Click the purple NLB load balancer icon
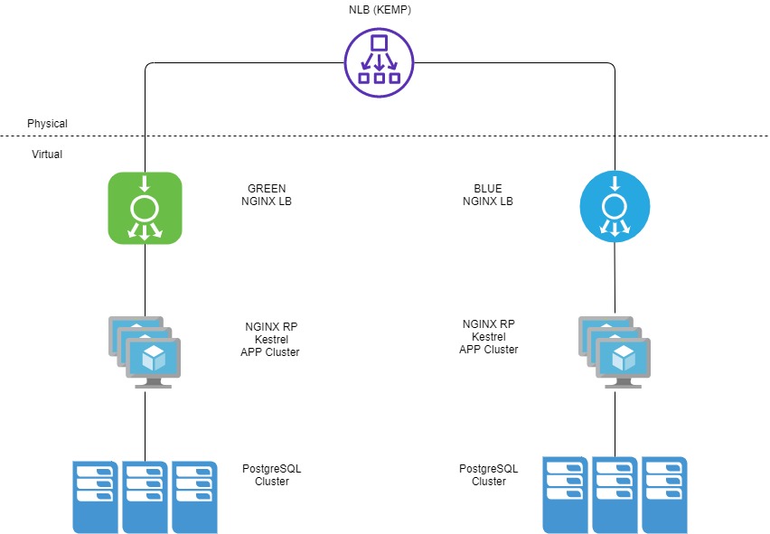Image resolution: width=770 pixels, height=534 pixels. click(x=380, y=62)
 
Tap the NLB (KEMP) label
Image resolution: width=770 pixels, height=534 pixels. click(x=379, y=10)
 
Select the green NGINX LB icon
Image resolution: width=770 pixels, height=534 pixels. click(x=145, y=209)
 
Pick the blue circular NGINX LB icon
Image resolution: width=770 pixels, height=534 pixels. click(x=615, y=209)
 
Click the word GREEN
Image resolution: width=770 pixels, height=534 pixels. click(x=267, y=189)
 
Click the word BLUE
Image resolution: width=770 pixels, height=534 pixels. click(x=488, y=189)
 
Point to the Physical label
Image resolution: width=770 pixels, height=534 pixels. click(x=47, y=124)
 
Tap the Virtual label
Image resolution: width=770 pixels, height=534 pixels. click(x=47, y=155)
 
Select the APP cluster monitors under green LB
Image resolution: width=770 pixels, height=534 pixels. click(x=145, y=351)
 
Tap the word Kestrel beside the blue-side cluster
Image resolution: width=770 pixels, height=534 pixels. click(x=489, y=336)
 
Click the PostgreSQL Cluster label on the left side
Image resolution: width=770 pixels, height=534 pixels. click(x=272, y=474)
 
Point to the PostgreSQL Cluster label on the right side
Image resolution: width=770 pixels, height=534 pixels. click(x=489, y=474)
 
